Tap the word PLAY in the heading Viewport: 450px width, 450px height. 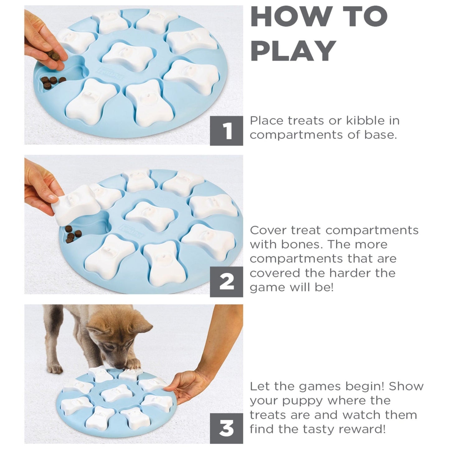tap(293, 51)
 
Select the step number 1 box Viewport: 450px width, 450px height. tap(226, 131)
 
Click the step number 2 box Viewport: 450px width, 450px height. tap(226, 282)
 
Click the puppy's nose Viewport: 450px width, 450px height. tap(121, 367)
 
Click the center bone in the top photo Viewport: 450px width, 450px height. tap(126, 56)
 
